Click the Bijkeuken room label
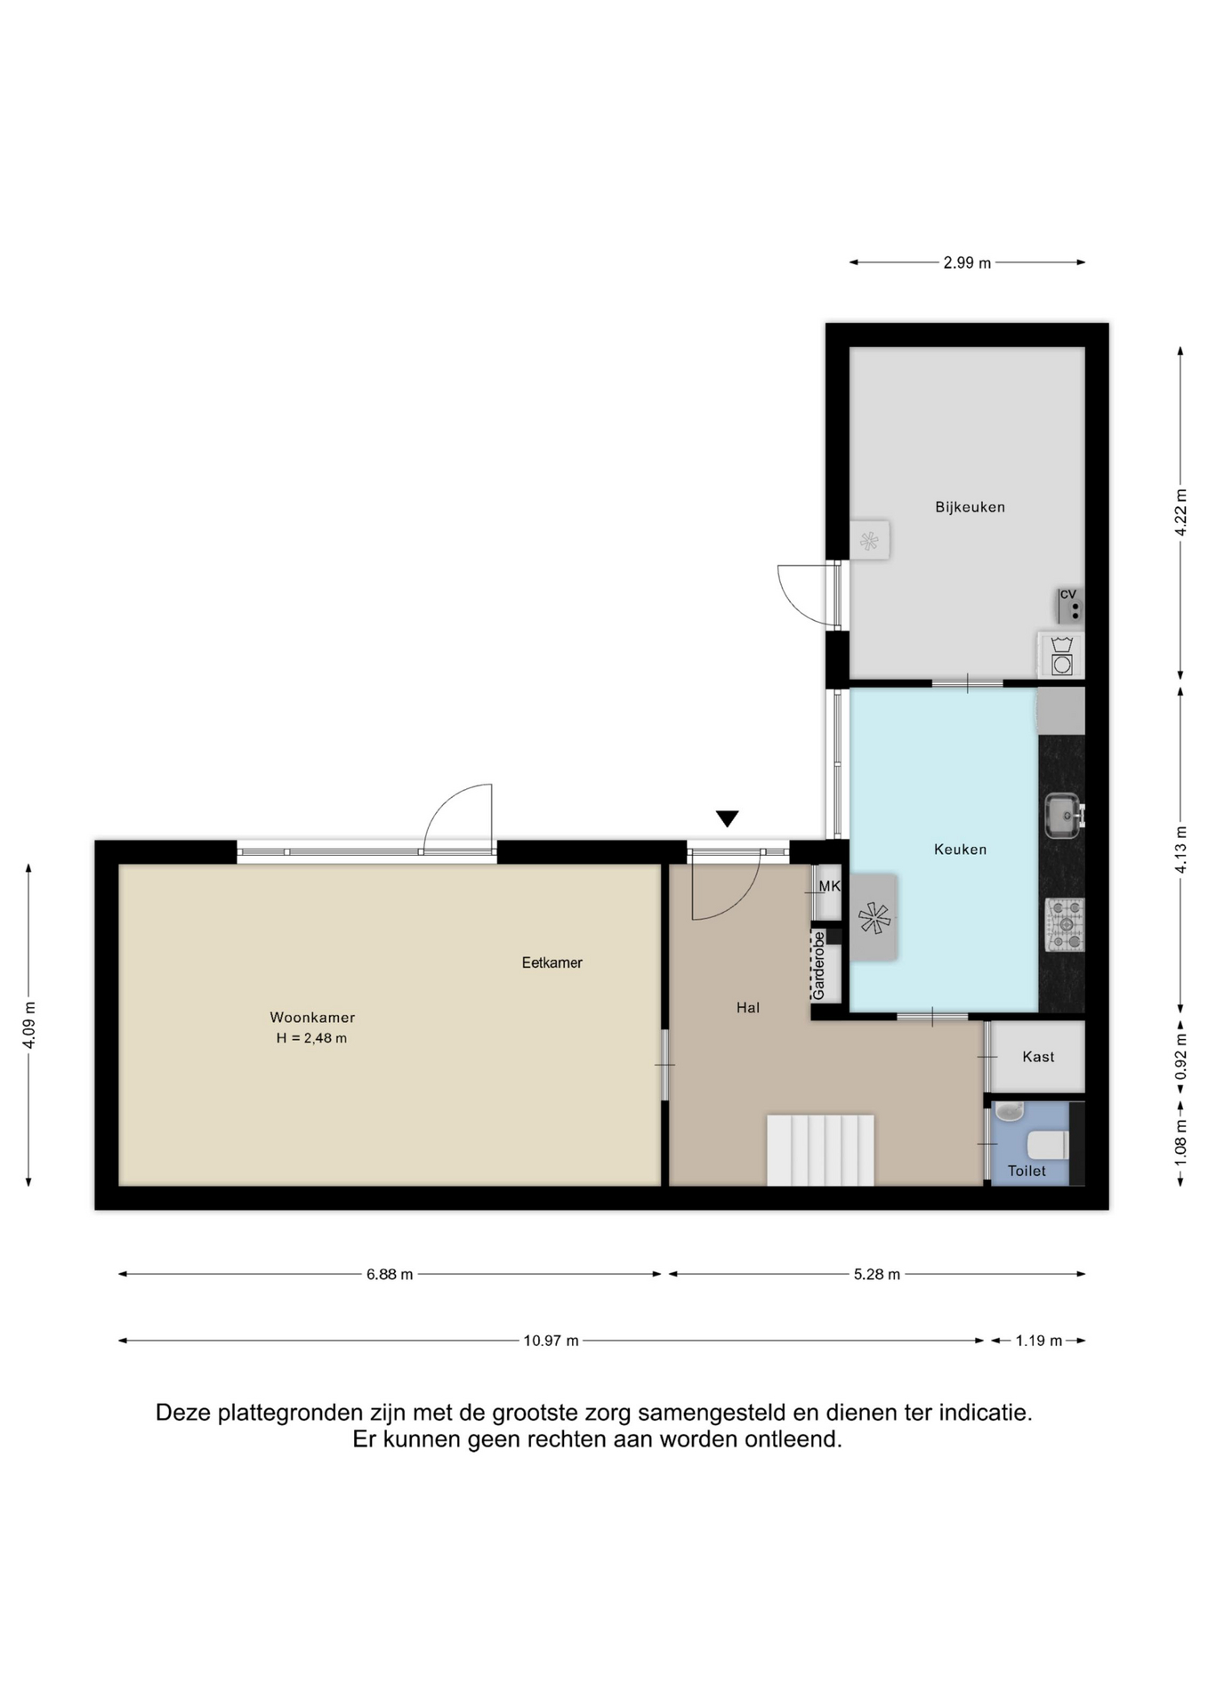[970, 507]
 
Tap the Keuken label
[960, 850]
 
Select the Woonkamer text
[312, 1018]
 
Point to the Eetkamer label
[552, 963]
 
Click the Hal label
[748, 1008]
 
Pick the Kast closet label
[1038, 1057]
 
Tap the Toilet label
[1027, 1172]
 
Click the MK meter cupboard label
[829, 886]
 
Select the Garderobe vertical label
[819, 965]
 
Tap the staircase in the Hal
[820, 1150]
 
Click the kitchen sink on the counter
[1064, 815]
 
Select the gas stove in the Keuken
[1065, 925]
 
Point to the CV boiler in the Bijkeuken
[1070, 605]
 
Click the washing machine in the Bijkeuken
[1061, 656]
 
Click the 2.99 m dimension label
[967, 262]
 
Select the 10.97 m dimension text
[551, 1341]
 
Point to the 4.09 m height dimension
[28, 1025]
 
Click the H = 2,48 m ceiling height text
[311, 1038]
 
